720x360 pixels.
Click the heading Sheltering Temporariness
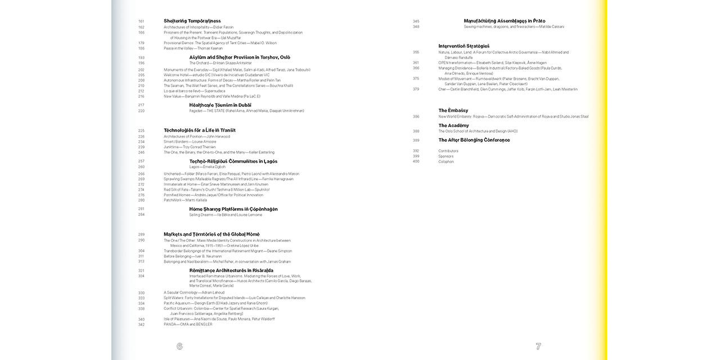(x=192, y=21)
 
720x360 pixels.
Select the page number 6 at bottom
(x=179, y=346)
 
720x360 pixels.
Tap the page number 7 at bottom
(x=538, y=346)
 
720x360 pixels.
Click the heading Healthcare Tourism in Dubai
(x=220, y=105)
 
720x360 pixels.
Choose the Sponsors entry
(x=445, y=156)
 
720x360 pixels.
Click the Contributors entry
(x=448, y=151)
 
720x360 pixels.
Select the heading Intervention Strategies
(x=463, y=46)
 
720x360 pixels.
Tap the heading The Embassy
(x=453, y=110)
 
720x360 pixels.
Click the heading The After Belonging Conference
(x=474, y=140)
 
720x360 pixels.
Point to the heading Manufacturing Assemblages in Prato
(x=504, y=21)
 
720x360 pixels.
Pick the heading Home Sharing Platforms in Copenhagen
(x=233, y=209)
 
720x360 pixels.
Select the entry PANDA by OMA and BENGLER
(x=188, y=324)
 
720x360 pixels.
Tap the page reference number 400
(x=416, y=161)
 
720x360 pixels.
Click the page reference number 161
(x=141, y=21)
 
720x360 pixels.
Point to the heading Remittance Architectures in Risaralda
(x=231, y=270)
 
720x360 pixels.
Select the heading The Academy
(x=453, y=125)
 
